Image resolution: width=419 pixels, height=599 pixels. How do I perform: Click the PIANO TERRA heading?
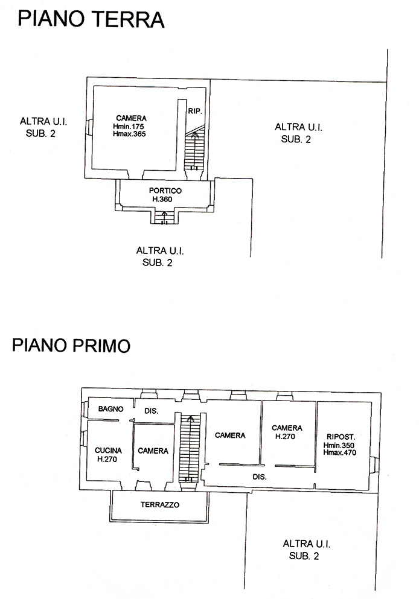click(x=91, y=19)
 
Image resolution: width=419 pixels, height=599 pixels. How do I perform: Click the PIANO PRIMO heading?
click(x=71, y=345)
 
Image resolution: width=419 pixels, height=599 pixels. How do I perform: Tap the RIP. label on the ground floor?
click(x=194, y=111)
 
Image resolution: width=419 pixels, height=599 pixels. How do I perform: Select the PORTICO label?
click(x=165, y=190)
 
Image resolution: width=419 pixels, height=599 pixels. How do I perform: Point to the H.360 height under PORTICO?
click(x=162, y=199)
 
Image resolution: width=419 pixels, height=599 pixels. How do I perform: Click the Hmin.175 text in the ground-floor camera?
click(x=129, y=126)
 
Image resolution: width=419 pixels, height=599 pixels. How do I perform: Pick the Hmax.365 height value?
click(x=129, y=134)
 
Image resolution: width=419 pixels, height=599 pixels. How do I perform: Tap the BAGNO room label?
click(x=111, y=409)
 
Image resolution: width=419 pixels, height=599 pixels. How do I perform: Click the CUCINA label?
click(x=108, y=451)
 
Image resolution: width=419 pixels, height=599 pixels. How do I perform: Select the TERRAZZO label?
click(x=160, y=505)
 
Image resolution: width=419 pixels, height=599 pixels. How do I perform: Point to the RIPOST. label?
click(x=341, y=437)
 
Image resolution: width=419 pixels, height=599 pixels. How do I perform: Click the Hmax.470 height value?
click(x=339, y=452)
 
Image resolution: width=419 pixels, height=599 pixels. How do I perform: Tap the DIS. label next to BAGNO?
click(x=151, y=411)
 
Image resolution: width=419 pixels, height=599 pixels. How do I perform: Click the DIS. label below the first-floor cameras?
click(x=260, y=477)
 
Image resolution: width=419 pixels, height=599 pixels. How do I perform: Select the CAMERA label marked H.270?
click(x=287, y=428)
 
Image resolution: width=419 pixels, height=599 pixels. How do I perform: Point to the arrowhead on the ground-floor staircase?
click(x=195, y=135)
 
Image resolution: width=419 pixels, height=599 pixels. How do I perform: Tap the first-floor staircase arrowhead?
click(x=190, y=419)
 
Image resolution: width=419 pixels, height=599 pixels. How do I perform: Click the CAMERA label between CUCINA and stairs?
click(x=153, y=451)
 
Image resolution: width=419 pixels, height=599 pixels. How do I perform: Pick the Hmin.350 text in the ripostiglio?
click(x=339, y=445)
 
